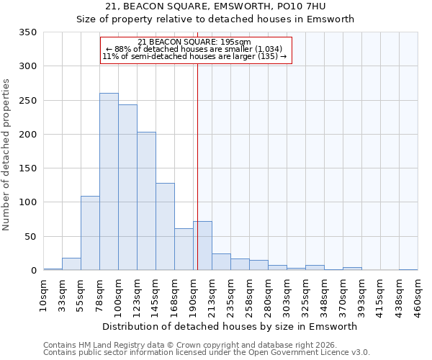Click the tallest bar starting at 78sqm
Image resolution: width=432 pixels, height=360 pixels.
[x=109, y=181]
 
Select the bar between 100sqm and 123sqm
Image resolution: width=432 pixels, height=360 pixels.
[x=127, y=187]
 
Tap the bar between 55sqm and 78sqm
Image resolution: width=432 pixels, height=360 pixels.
[x=90, y=233]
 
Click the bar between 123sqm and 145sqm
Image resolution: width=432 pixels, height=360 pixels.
[x=146, y=201]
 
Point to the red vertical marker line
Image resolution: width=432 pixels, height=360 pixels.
[x=197, y=166]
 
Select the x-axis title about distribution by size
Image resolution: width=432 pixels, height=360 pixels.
[x=230, y=326]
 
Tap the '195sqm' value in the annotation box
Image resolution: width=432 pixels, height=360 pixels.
[x=235, y=42]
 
